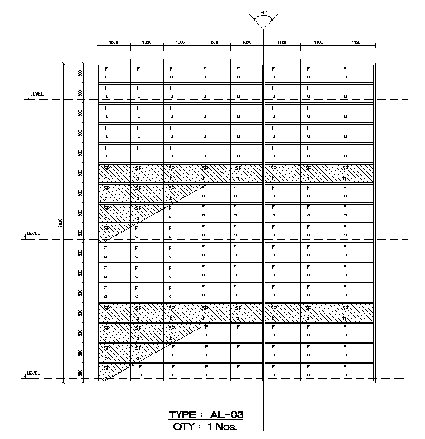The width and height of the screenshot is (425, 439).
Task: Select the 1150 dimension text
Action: tap(355, 43)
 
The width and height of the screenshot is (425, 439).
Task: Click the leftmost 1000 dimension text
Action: tap(114, 43)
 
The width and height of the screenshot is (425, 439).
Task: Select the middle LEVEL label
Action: tap(34, 233)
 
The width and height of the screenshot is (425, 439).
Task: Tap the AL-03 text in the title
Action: tap(226, 415)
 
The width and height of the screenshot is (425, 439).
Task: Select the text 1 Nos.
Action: tap(223, 427)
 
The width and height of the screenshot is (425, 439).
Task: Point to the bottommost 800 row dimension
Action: tap(79, 373)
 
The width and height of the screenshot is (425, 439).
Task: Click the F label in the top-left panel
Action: tap(106, 69)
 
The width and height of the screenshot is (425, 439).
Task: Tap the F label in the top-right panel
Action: tap(345, 69)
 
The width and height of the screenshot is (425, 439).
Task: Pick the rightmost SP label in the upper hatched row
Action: tap(346, 168)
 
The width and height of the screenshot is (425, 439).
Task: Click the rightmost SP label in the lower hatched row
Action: tap(346, 307)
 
